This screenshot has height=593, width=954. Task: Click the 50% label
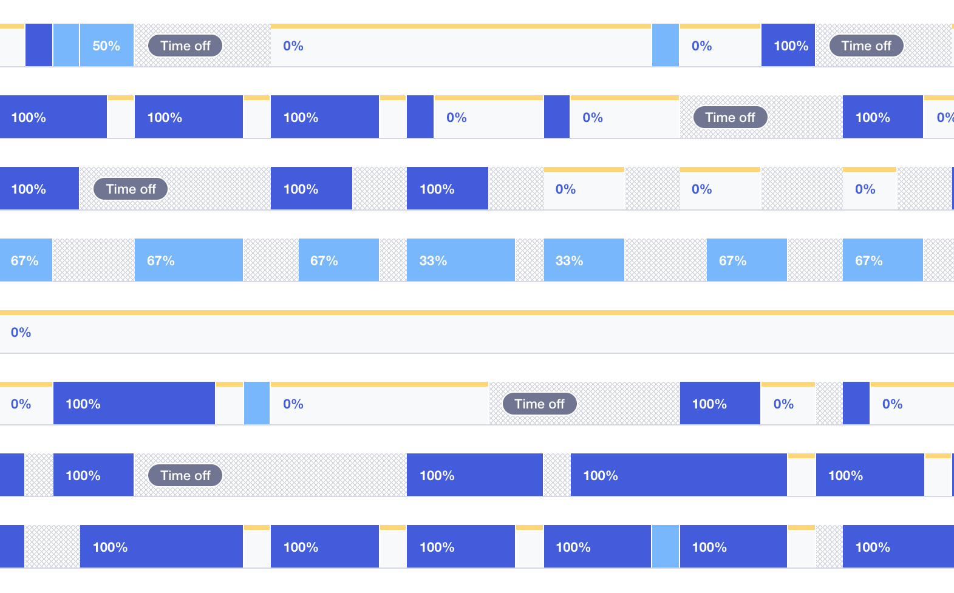(106, 46)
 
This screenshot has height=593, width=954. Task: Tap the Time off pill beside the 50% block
(185, 46)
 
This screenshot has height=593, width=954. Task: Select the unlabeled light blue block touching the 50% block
(66, 46)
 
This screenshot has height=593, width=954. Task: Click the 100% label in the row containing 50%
(791, 46)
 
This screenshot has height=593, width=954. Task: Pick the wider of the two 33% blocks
(461, 260)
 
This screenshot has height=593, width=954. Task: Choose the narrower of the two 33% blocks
(584, 260)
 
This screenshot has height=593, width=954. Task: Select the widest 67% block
(188, 260)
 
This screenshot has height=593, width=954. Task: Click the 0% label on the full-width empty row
(21, 333)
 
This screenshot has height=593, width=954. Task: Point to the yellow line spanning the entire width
(477, 313)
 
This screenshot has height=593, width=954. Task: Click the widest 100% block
(678, 475)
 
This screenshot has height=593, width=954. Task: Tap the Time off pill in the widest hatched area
(185, 476)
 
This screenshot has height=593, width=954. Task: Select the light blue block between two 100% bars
(666, 547)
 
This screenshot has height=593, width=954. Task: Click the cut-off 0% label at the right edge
(945, 118)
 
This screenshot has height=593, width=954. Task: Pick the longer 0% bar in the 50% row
(460, 46)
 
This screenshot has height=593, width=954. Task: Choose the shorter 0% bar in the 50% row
(720, 46)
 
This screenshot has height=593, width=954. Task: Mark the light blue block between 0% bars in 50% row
(666, 46)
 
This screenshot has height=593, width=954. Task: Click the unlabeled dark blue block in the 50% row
(39, 46)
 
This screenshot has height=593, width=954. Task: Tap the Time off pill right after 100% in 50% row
(866, 46)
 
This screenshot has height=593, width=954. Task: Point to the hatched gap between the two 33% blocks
(530, 260)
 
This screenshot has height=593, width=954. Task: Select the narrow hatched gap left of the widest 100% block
(557, 475)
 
